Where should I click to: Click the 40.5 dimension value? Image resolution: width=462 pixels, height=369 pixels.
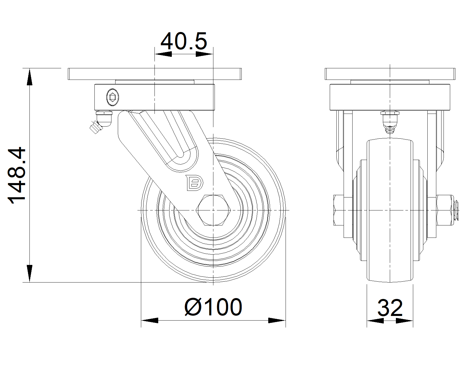184,41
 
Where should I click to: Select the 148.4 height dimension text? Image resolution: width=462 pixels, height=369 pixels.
16,175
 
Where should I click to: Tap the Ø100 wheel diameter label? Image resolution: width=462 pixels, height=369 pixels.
213,307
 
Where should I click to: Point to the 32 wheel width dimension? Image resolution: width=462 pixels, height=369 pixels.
390,308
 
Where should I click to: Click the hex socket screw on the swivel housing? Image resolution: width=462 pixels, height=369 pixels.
113,97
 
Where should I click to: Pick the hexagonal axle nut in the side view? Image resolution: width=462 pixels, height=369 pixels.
213,210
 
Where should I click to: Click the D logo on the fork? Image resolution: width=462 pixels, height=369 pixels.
194,183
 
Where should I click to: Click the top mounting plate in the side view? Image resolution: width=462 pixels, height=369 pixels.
154,74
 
